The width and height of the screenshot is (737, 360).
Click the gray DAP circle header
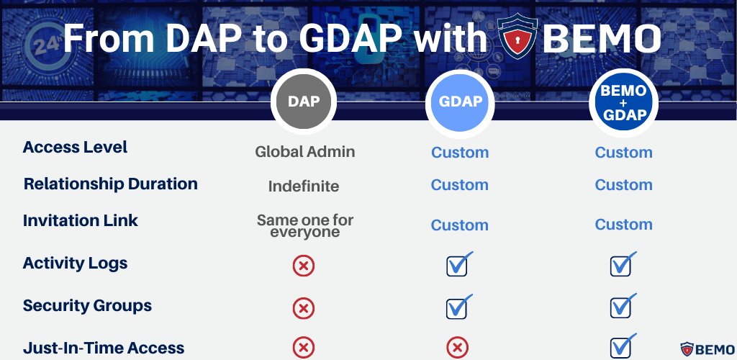tap(304, 102)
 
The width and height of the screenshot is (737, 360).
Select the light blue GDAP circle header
tap(461, 102)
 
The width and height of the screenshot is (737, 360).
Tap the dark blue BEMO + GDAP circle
tap(623, 102)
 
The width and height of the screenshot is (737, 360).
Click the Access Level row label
tap(75, 148)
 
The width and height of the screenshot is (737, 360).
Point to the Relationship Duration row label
tap(110, 184)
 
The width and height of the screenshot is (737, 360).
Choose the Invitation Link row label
tap(80, 221)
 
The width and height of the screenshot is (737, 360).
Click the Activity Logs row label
tap(75, 264)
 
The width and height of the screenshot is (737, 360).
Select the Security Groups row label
tap(87, 306)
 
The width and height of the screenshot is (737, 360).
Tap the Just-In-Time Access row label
tap(104, 348)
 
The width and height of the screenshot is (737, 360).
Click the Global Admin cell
tap(305, 152)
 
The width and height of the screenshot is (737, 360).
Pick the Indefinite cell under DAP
tap(304, 186)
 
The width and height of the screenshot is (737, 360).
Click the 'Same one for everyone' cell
tap(305, 226)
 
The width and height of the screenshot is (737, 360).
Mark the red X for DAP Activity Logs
tap(304, 266)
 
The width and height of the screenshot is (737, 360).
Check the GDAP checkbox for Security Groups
tap(458, 307)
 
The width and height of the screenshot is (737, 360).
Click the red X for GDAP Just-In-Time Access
tap(457, 348)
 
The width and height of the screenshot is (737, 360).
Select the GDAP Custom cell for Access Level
tap(460, 153)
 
